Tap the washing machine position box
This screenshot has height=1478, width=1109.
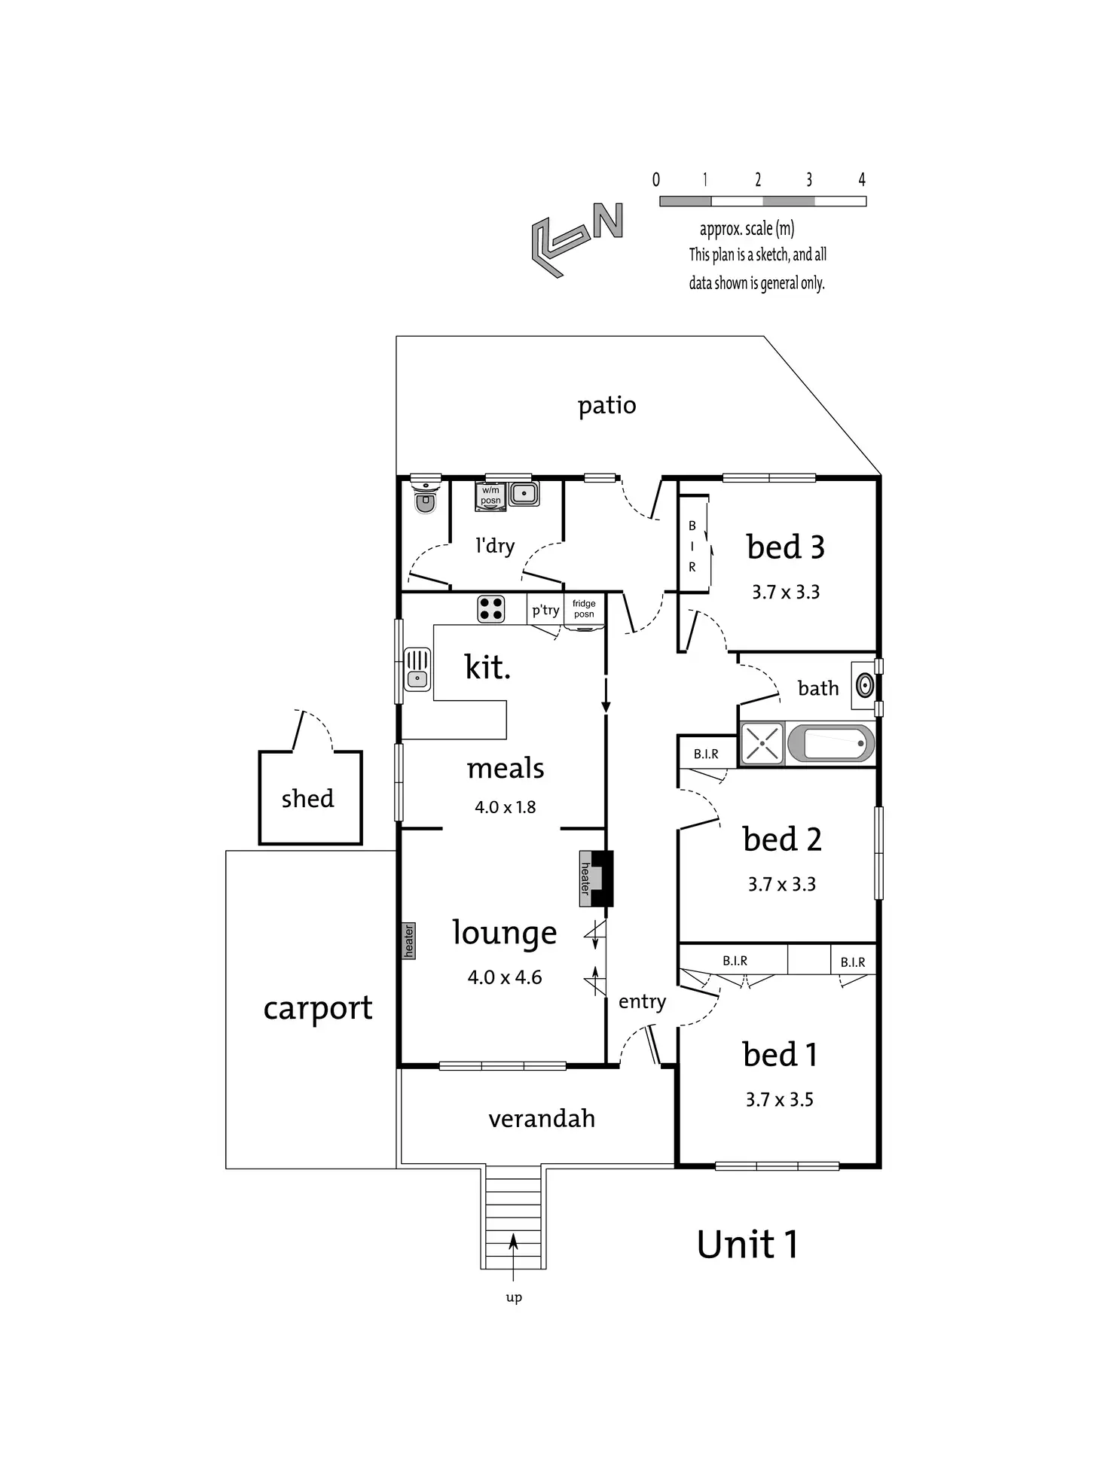(490, 496)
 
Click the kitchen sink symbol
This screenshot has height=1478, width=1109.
(417, 669)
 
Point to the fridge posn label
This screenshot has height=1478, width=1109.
(584, 608)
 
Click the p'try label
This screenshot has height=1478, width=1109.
(545, 610)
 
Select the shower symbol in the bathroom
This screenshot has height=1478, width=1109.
(762, 743)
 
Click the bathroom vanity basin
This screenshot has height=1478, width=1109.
(865, 685)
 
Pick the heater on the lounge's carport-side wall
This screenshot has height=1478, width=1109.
(408, 941)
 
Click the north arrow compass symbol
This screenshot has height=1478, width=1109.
(576, 237)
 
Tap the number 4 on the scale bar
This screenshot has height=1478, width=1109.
(862, 179)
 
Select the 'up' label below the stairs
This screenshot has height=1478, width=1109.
(514, 1297)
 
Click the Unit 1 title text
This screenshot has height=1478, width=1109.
(747, 1244)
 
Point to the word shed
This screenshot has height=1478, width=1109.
(307, 797)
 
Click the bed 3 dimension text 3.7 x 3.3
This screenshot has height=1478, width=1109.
(786, 592)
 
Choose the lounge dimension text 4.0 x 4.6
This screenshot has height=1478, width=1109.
(505, 977)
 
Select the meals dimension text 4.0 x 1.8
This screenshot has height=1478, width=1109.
(506, 807)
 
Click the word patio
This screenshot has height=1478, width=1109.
(607, 406)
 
